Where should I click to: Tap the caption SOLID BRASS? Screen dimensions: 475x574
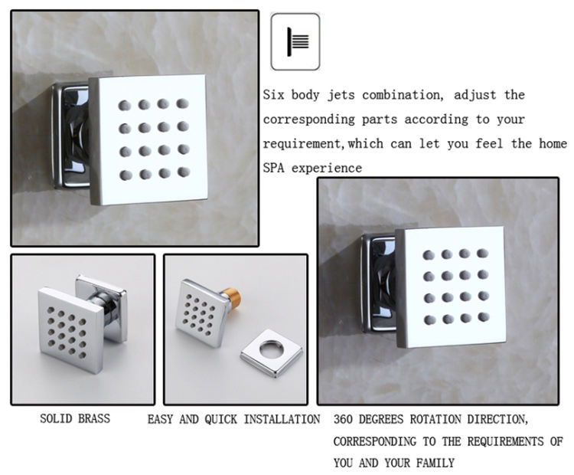pos(75,418)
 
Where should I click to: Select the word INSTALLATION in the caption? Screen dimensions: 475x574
pos(282,419)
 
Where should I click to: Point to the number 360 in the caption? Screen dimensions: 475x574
pos(344,419)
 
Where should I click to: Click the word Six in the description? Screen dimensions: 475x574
pos(273,96)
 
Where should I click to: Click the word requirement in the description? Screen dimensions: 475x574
pos(302,144)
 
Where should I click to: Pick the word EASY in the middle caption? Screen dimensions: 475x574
pos(161,419)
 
